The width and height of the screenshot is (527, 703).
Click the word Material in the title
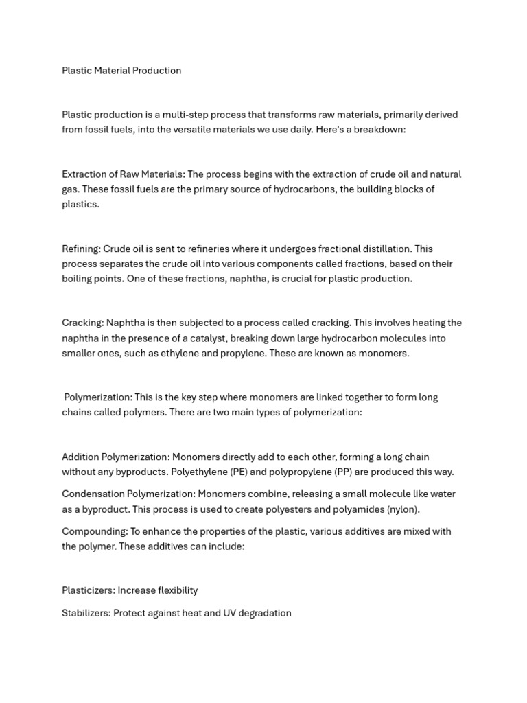coord(113,71)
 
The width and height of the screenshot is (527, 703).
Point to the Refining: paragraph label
coord(81,249)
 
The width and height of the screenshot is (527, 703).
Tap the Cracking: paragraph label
coord(82,323)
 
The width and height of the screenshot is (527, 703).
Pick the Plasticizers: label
coord(89,591)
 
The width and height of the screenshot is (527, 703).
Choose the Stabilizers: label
coord(86,614)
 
